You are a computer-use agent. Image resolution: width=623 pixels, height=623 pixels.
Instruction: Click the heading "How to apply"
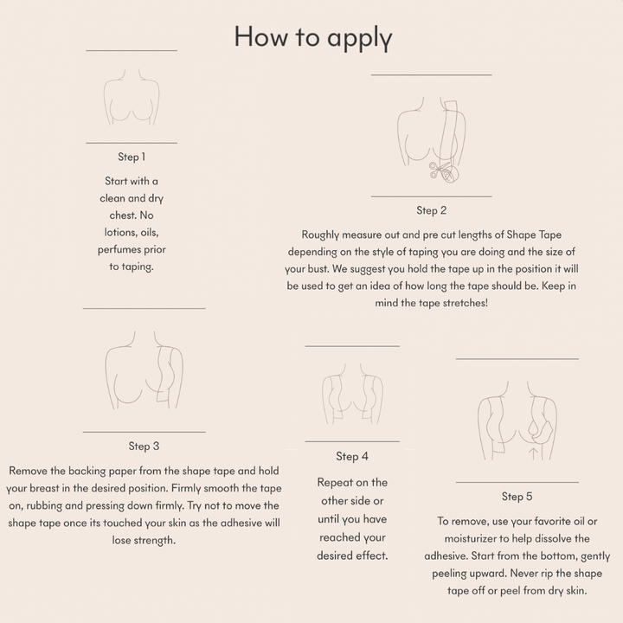pos(313,38)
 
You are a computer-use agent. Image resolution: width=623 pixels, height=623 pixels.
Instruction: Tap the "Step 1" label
pos(132,157)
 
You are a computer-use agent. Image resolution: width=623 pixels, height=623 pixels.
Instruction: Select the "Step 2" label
pos(432,210)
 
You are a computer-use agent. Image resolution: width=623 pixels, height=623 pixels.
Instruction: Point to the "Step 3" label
pos(144,446)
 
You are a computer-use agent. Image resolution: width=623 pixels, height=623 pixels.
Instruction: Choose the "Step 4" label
pos(352,457)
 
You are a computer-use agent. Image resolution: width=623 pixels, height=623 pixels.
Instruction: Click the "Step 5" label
pos(517,497)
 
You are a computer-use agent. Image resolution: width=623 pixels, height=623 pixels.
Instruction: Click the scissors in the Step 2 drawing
pos(439,170)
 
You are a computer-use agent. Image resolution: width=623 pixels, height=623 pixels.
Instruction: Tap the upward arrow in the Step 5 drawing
pos(534,453)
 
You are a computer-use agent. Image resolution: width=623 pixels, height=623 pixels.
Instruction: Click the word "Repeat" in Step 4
pos(334,483)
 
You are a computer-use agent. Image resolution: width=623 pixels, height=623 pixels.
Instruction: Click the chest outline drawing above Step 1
pos(132,97)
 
